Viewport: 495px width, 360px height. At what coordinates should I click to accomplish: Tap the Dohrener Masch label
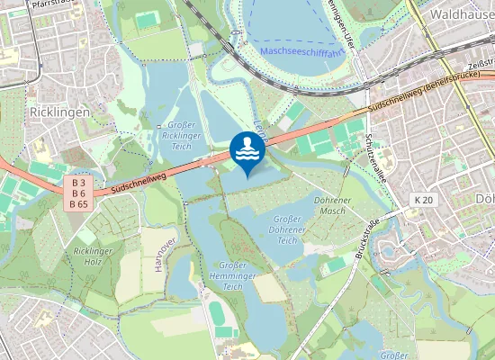click(x=328, y=204)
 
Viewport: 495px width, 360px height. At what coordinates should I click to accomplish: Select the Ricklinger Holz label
click(x=92, y=256)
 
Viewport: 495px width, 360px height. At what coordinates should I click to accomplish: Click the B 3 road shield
click(x=79, y=183)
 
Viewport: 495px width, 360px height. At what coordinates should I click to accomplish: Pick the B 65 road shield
click(x=79, y=204)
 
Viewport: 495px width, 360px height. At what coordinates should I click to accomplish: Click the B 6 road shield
click(x=79, y=193)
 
